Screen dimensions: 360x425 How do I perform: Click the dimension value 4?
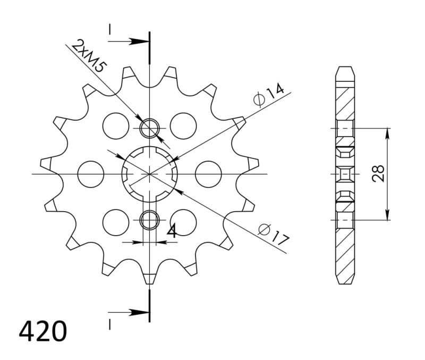click(172, 231)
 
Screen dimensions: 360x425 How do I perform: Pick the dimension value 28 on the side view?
click(378, 174)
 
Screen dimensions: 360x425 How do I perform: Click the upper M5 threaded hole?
click(150, 128)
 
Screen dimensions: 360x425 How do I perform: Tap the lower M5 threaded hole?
click(150, 219)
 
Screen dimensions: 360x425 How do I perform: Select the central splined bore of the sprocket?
click(150, 174)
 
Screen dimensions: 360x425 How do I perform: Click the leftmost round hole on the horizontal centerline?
click(90, 174)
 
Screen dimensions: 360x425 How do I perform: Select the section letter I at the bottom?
click(110, 322)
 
